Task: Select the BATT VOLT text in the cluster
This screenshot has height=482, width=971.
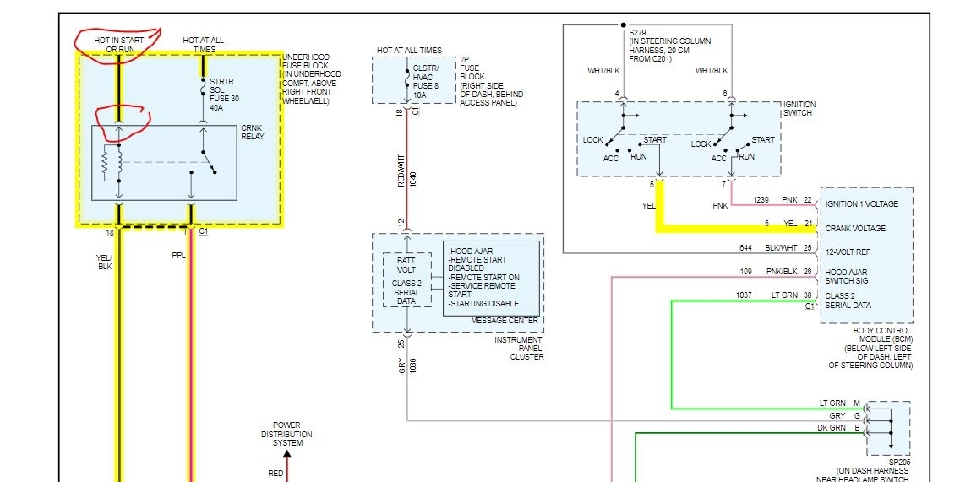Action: click(x=406, y=265)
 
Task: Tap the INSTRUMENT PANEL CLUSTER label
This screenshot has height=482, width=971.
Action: click(x=520, y=347)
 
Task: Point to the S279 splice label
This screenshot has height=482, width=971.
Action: click(x=670, y=46)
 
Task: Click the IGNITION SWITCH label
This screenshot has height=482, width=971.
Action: click(x=799, y=110)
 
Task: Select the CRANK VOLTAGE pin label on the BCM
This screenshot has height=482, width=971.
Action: click(x=855, y=228)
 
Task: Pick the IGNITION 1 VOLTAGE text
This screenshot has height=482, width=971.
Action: click(x=862, y=204)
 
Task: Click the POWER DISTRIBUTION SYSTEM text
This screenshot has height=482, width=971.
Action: click(x=286, y=434)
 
